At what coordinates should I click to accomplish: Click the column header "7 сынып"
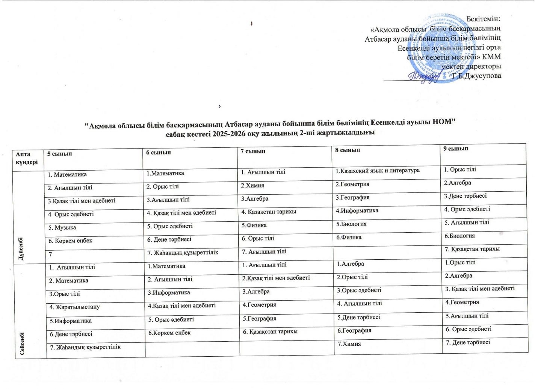(253, 151)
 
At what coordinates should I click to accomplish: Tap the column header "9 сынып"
(456, 148)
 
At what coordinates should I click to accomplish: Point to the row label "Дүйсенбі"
(21, 248)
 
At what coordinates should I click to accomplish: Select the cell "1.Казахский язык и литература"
(378, 171)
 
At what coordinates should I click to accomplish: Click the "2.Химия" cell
(253, 185)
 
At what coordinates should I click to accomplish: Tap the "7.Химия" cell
(349, 344)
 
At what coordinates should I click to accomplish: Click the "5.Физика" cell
(254, 225)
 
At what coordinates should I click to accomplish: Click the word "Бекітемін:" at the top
(484, 18)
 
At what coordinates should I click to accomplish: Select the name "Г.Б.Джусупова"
(477, 76)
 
